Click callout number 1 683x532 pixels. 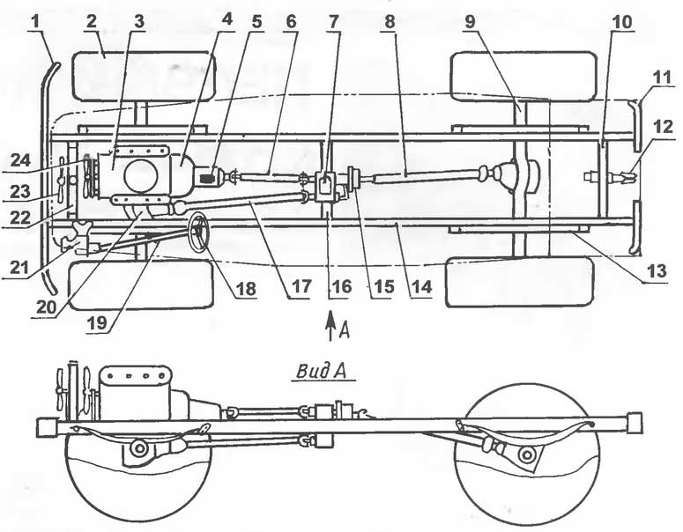tap(38, 22)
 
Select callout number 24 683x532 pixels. tap(21, 160)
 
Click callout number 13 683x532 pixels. tap(657, 271)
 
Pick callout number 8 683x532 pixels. tap(390, 22)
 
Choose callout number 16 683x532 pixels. tap(341, 287)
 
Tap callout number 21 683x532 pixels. tap(19, 267)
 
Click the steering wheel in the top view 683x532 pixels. tap(198, 232)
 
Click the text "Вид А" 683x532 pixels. tap(322, 372)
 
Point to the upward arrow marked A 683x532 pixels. tap(331, 324)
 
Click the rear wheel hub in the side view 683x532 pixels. tap(526, 455)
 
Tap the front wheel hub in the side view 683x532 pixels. tap(139, 448)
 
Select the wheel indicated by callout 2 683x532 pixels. tap(145, 76)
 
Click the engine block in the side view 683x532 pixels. tap(135, 393)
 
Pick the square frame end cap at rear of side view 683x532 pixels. tap(635, 422)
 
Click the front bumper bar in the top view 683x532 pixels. tap(48, 178)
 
